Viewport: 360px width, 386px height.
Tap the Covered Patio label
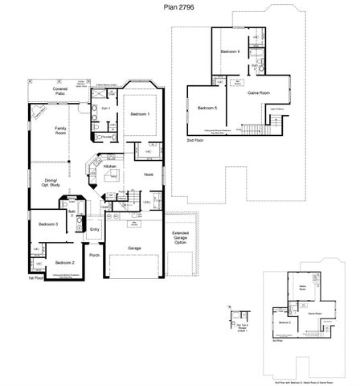pyautogui.click(x=59, y=91)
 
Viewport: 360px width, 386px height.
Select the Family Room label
pyautogui.click(x=59, y=131)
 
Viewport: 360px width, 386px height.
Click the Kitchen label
pyautogui.click(x=121, y=166)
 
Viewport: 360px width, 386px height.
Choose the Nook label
pyautogui.click(x=148, y=175)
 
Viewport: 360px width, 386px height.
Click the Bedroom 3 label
pyautogui.click(x=46, y=224)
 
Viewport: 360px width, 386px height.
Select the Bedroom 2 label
pyautogui.click(x=64, y=262)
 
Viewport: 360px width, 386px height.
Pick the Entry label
pyautogui.click(x=95, y=229)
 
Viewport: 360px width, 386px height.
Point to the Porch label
pyautogui.click(x=95, y=256)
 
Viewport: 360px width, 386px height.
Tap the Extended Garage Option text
pyautogui.click(x=181, y=238)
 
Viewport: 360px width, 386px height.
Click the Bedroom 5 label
pyautogui.click(x=208, y=107)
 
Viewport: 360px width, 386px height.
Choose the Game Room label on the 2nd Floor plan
pyautogui.click(x=259, y=93)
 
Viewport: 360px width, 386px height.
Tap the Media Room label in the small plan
pyautogui.click(x=303, y=287)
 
